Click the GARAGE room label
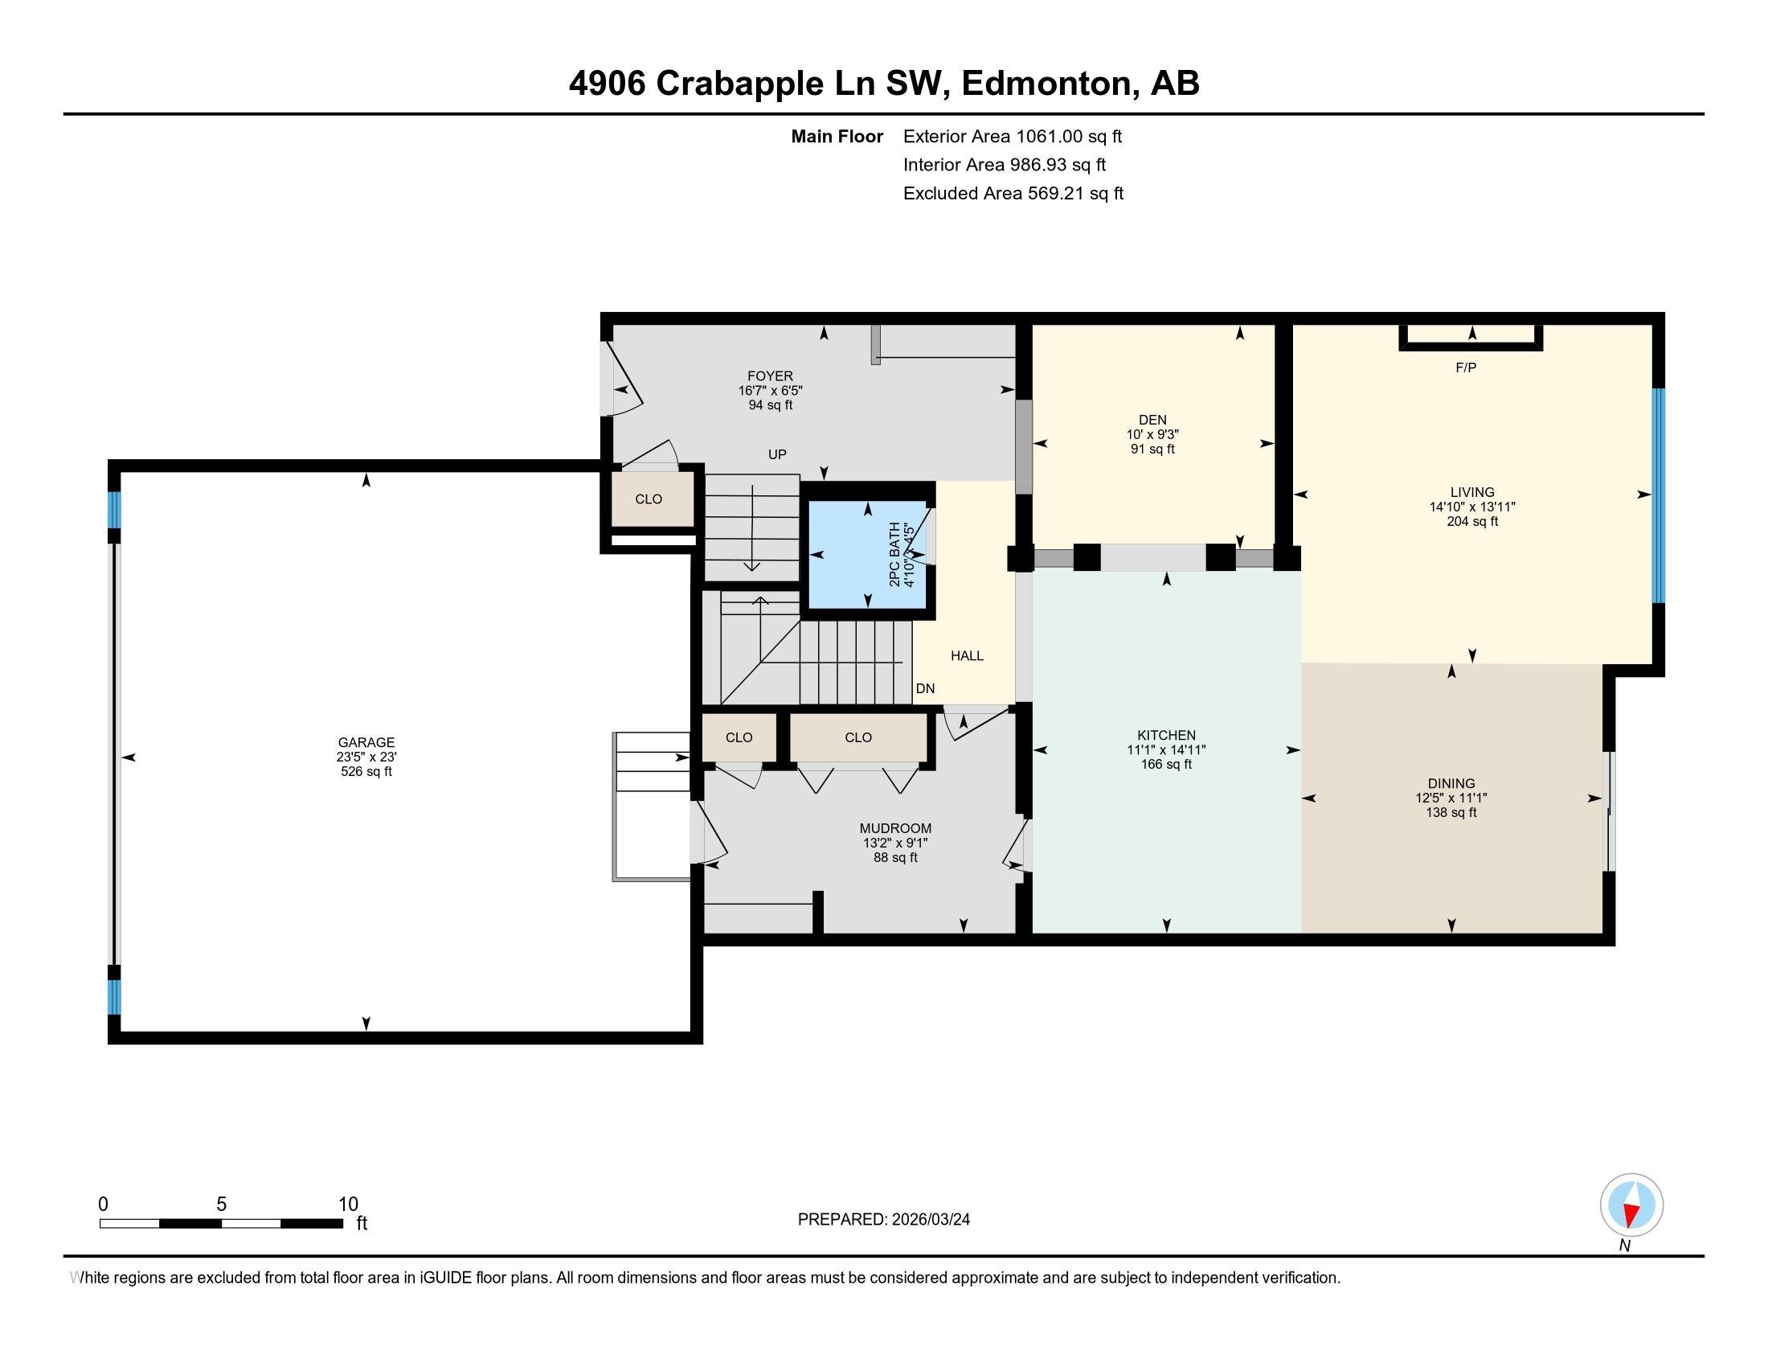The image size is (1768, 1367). [366, 742]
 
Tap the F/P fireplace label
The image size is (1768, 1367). [1465, 367]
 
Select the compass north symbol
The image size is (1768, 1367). [1631, 1205]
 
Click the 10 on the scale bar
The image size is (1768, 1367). [347, 1204]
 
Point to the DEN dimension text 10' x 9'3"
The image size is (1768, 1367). [1152, 434]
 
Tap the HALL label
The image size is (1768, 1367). [967, 656]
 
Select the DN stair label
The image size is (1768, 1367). [924, 688]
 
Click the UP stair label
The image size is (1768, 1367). [776, 454]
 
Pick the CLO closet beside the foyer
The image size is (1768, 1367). [649, 499]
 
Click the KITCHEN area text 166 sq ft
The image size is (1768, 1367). [1166, 764]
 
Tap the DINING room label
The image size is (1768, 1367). [1451, 783]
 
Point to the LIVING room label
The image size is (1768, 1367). [1471, 491]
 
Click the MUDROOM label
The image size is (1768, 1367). [894, 828]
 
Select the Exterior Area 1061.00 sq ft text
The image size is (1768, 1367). [1012, 136]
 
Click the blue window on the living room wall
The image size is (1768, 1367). [1657, 495]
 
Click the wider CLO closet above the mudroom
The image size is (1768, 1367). [858, 737]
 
